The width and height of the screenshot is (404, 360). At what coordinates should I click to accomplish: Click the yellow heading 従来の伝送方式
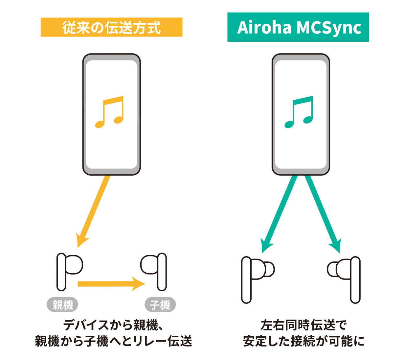[x=111, y=27]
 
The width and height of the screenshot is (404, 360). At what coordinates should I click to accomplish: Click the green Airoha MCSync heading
[x=298, y=27]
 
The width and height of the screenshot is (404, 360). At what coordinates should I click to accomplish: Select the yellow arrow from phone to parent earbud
[x=94, y=211]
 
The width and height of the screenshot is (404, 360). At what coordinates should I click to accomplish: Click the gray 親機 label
[x=62, y=305]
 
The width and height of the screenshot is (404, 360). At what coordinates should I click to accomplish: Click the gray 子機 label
[x=160, y=305]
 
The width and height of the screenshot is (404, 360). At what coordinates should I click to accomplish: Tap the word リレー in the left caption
[x=149, y=341]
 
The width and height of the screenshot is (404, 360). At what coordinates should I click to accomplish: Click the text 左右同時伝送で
[x=304, y=325]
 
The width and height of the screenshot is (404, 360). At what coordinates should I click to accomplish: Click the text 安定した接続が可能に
[x=304, y=341]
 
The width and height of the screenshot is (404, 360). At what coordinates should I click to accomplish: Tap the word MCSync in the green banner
[x=329, y=28]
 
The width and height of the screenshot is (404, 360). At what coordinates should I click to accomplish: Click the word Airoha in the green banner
[x=264, y=28]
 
